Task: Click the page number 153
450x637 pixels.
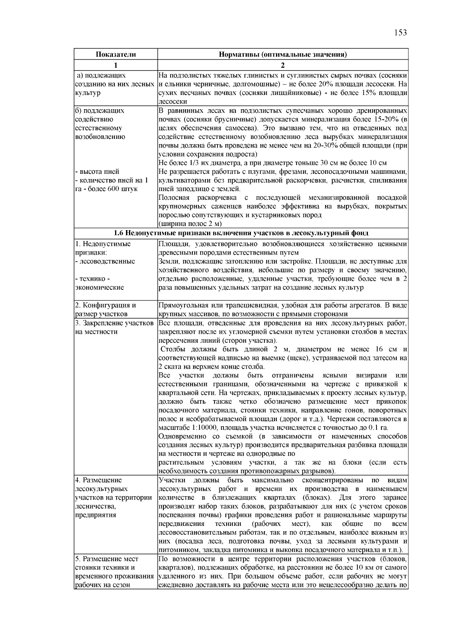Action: (x=400, y=33)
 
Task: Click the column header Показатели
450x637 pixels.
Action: (x=115, y=55)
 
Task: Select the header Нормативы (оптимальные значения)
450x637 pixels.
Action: (x=282, y=55)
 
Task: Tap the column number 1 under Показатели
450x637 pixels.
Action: (x=115, y=65)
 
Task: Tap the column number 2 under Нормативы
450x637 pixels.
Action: (x=282, y=65)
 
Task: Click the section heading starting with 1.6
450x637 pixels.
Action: (x=241, y=233)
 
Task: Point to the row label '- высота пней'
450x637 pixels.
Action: (x=97, y=172)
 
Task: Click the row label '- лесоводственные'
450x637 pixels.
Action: (x=105, y=261)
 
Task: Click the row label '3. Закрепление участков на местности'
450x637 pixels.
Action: (x=114, y=327)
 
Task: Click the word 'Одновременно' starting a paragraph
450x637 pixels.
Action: (x=180, y=437)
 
